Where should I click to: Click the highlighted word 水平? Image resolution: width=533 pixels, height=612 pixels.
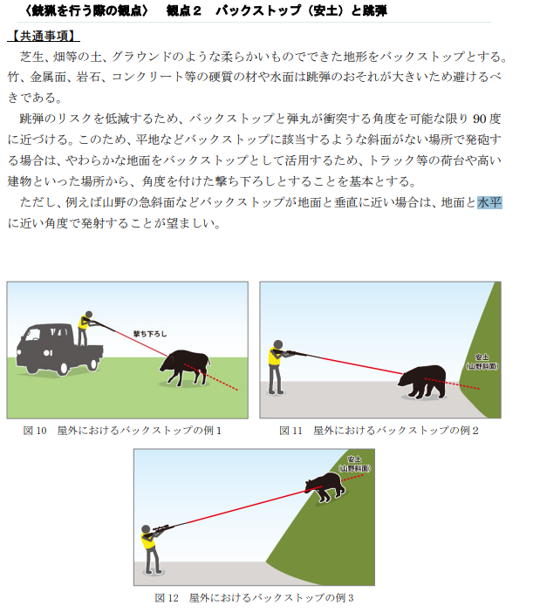click(x=489, y=202)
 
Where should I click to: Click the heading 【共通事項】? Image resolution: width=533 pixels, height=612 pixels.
click(x=44, y=36)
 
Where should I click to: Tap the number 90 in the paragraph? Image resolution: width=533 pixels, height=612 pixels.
click(x=480, y=119)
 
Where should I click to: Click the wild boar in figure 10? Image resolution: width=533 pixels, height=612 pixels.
click(x=185, y=368)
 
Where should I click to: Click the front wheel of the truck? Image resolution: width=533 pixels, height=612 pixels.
click(x=63, y=368)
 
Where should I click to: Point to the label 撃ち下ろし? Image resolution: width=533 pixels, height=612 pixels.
click(x=150, y=334)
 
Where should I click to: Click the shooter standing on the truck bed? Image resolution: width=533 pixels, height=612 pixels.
click(x=85, y=328)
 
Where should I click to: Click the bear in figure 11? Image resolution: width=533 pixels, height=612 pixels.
click(x=422, y=381)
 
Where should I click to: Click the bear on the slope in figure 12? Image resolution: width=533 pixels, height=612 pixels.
click(x=325, y=486)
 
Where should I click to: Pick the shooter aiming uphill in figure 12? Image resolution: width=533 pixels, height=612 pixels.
click(x=152, y=549)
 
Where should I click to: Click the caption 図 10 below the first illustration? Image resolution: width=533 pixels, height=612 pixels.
click(x=35, y=431)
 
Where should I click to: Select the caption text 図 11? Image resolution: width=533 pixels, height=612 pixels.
click(x=290, y=431)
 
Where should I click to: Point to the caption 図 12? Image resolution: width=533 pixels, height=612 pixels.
click(x=167, y=597)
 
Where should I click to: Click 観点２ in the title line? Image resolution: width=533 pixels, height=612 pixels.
click(x=183, y=10)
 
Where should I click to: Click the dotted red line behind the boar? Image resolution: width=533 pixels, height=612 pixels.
click(x=211, y=377)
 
